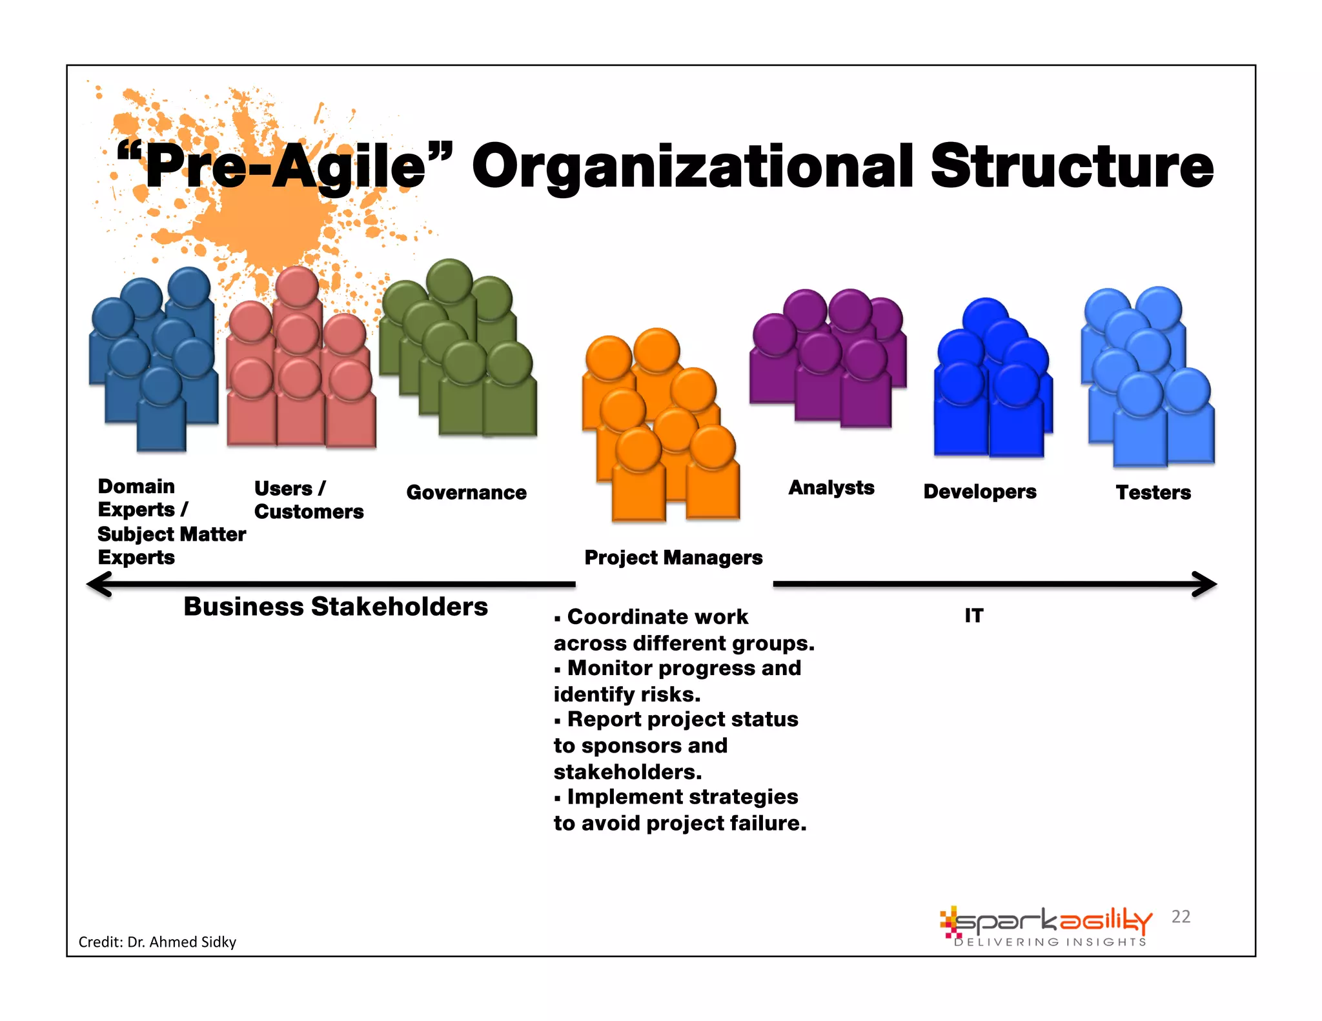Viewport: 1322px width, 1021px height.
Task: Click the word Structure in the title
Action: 1072,167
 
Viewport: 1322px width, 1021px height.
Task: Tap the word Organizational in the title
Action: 693,168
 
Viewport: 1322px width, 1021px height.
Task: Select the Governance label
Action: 466,492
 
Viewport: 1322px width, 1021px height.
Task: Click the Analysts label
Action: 831,488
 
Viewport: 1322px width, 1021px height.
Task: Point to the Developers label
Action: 980,492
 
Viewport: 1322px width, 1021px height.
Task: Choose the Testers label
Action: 1154,492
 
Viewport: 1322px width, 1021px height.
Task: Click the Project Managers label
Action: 673,558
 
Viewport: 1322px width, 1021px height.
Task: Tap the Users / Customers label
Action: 309,500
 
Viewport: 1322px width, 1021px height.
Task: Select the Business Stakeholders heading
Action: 336,607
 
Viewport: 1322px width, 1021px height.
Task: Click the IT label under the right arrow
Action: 974,616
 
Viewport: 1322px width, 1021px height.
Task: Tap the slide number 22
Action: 1181,916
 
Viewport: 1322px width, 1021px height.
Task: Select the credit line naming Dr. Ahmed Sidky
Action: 158,942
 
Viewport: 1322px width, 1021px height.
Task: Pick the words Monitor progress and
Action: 684,668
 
